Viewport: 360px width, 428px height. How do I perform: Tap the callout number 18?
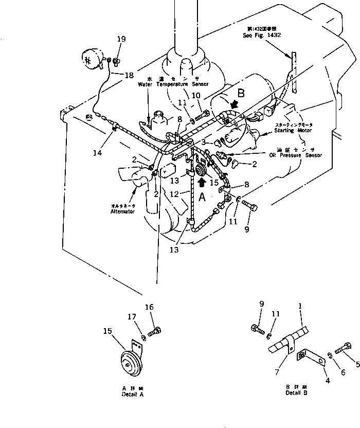pyautogui.click(x=128, y=75)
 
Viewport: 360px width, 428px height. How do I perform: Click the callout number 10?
pyautogui.click(x=196, y=95)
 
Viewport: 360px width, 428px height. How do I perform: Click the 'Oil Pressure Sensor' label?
pyautogui.click(x=295, y=155)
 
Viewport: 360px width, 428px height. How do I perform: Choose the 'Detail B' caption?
pyautogui.click(x=296, y=392)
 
